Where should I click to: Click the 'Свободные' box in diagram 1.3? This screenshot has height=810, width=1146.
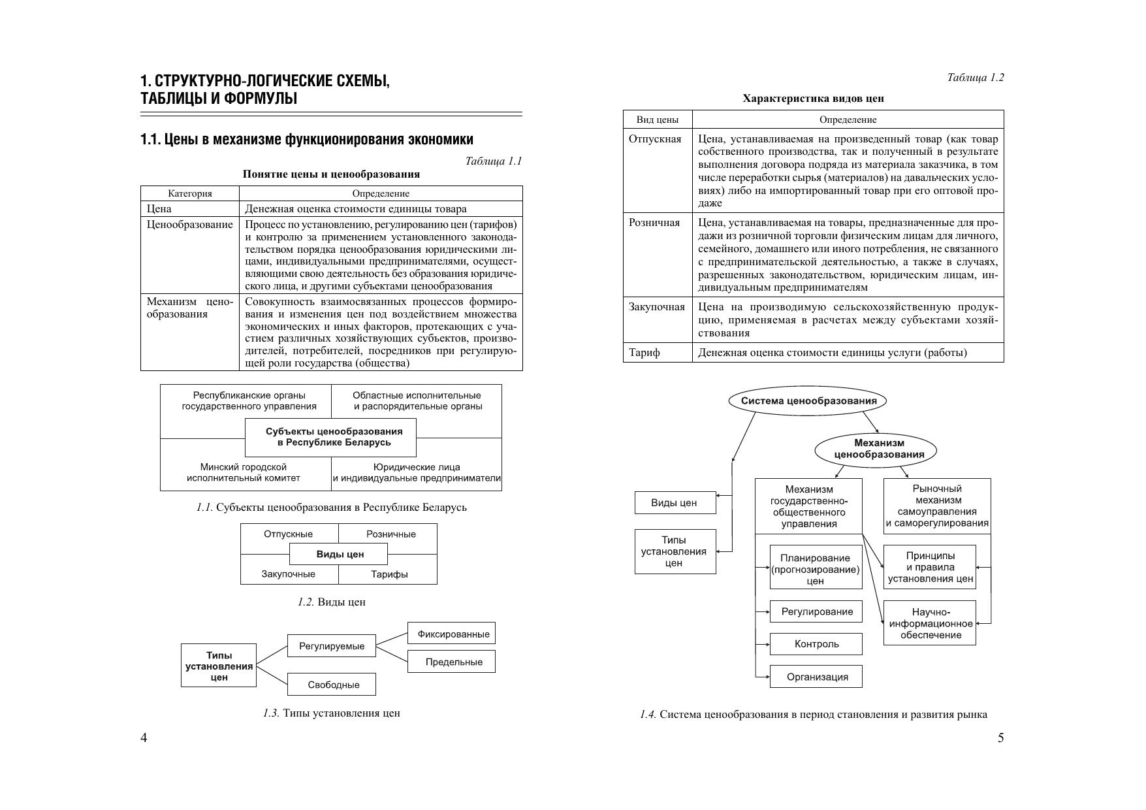click(332, 685)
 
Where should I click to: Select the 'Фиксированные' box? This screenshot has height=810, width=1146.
click(451, 634)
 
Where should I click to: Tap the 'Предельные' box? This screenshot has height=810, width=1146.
click(451, 662)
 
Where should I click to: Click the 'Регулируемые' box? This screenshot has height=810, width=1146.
click(332, 646)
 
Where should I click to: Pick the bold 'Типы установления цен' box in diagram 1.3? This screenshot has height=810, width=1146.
click(219, 666)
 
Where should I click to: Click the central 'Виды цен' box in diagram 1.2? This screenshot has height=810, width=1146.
click(339, 554)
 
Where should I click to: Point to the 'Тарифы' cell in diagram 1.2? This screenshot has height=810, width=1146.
click(389, 574)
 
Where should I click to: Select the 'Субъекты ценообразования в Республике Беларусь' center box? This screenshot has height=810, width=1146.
click(330, 437)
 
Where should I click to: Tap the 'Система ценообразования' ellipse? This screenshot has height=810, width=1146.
click(808, 400)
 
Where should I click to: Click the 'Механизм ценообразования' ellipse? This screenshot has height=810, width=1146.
click(875, 449)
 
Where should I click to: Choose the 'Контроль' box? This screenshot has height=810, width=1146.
click(816, 644)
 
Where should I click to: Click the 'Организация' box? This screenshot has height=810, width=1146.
click(816, 677)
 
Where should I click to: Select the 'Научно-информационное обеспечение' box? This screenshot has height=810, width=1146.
click(930, 623)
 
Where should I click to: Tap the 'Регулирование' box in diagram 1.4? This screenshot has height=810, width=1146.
click(816, 611)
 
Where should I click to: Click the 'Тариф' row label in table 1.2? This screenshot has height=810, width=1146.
click(644, 353)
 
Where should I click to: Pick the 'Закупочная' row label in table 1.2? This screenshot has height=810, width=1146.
click(656, 307)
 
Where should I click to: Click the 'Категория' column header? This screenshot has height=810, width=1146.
click(190, 193)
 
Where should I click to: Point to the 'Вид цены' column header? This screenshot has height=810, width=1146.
click(658, 120)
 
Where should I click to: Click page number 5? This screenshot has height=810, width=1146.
click(1000, 738)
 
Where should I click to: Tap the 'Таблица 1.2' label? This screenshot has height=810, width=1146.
click(975, 78)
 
